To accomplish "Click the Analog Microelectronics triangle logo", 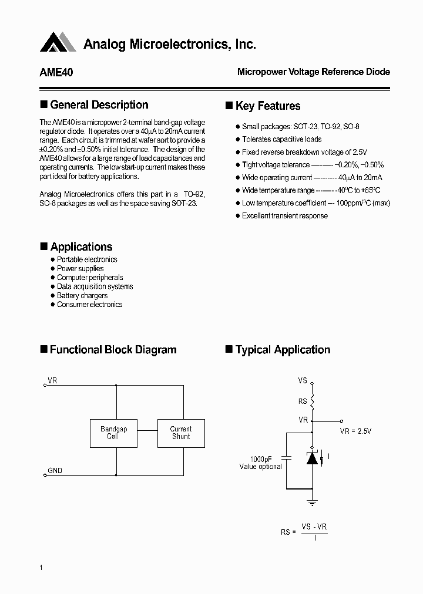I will tap(58, 42).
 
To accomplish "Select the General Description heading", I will tap(99, 105).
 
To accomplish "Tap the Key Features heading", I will tap(267, 106).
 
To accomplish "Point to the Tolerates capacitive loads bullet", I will tap(281, 139).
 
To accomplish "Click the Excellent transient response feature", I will tap(285, 215).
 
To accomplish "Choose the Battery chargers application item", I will tap(82, 295).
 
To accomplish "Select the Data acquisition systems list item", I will tap(95, 286).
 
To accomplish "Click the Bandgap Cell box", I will tap(113, 433).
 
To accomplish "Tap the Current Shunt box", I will tap(181, 433).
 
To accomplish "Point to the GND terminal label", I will tap(55, 471).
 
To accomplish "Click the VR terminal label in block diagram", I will tap(52, 380).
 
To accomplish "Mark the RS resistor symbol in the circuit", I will tap(312, 401).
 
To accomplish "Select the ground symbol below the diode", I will tap(312, 502).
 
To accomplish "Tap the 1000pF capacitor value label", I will tap(260, 458).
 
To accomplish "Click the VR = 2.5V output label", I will tap(355, 431).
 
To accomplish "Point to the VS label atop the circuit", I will tap(303, 380).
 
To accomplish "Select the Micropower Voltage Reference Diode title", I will tap(313, 72).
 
